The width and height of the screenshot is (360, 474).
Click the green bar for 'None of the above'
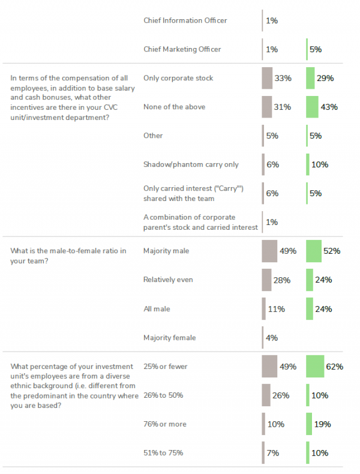312,107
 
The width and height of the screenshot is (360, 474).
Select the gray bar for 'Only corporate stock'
267,78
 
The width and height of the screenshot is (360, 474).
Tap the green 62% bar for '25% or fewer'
315,366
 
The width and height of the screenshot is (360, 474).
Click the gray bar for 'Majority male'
269,251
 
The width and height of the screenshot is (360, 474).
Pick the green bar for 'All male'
310,309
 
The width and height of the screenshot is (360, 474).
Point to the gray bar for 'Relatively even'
266,280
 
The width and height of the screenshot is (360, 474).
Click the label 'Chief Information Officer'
185,20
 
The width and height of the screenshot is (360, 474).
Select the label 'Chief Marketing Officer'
182,49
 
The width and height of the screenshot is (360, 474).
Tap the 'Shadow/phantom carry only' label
191,164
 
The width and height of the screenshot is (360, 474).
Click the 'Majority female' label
169,338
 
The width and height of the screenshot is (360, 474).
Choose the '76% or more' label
165,424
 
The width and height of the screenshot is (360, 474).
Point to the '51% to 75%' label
163,453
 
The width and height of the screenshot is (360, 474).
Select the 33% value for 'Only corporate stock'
283,78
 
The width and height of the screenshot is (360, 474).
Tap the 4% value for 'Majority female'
272,338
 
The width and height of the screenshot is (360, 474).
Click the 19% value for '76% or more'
322,424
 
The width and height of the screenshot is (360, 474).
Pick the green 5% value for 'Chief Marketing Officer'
316,49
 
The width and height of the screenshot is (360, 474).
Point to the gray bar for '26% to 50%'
266,395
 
